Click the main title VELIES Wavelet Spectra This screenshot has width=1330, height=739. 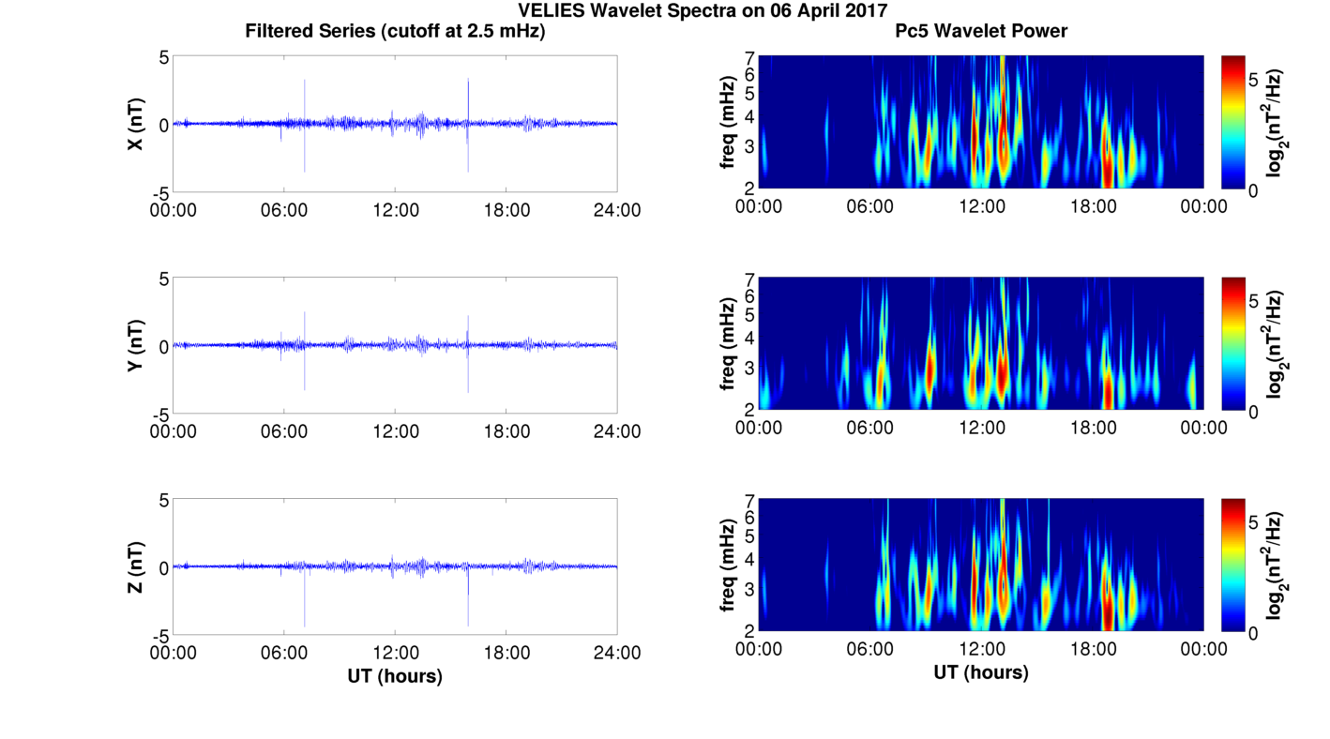point(664,10)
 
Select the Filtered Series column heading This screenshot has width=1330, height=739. point(395,31)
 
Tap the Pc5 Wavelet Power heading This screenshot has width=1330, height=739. point(981,31)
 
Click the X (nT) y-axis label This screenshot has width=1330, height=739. point(135,124)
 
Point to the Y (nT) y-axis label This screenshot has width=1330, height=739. point(135,346)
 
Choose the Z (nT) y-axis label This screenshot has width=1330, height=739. point(135,567)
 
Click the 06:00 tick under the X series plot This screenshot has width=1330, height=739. point(284,210)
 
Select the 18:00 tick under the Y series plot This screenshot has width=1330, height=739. point(506,431)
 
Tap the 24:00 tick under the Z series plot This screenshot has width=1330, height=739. point(617,653)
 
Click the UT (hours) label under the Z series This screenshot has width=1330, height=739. point(395,675)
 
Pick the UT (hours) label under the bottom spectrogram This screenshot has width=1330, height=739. point(981,672)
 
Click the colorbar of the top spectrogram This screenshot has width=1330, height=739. point(1233,122)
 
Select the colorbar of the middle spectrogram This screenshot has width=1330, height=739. point(1233,344)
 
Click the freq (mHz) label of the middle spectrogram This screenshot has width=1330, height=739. point(727,344)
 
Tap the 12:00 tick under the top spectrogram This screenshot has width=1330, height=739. point(981,205)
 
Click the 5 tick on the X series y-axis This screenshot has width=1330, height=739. point(163,57)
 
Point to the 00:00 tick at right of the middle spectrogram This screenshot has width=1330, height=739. point(1203,428)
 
